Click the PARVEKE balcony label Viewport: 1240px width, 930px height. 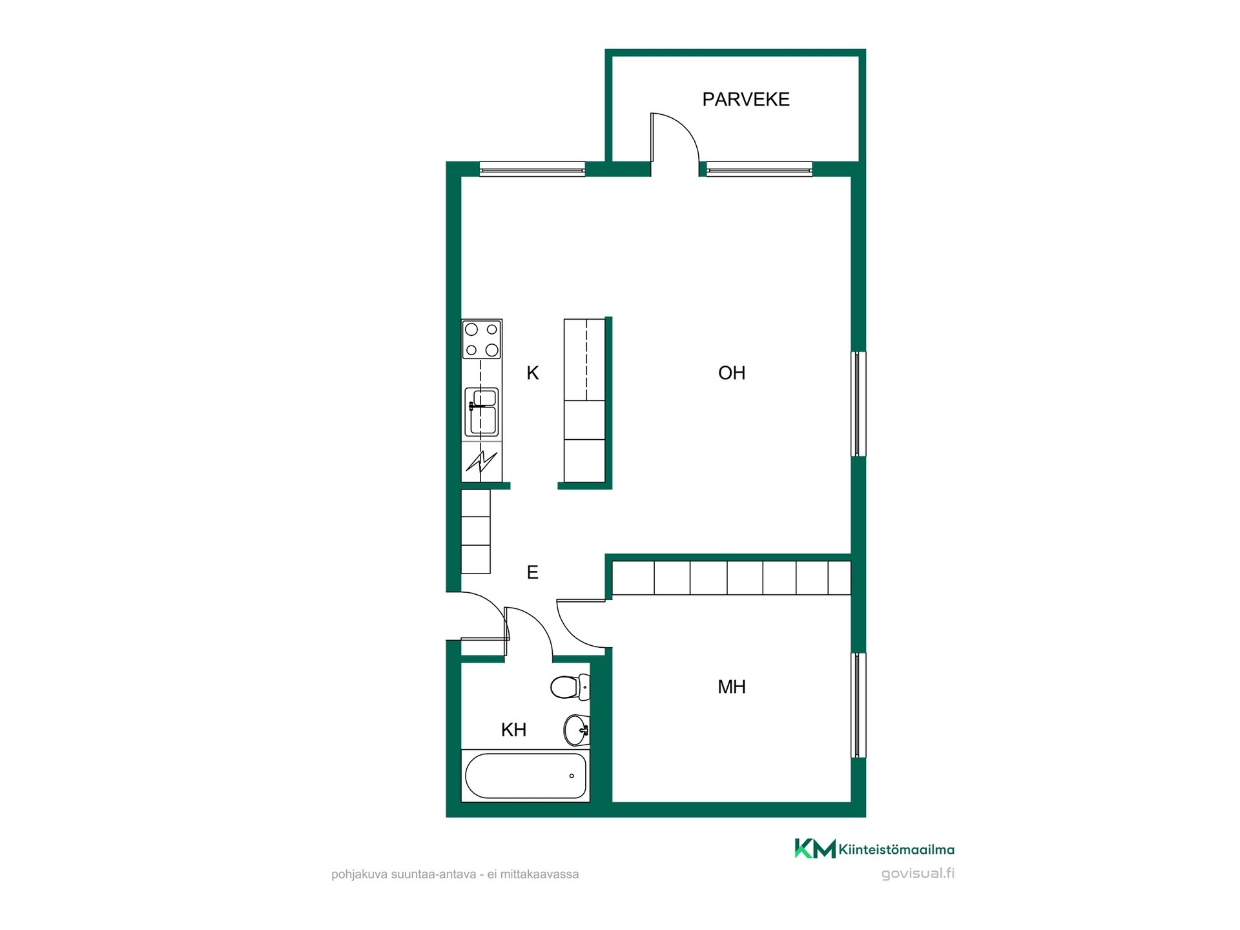click(x=746, y=99)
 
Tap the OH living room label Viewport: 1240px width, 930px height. click(x=732, y=373)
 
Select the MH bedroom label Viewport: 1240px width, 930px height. click(x=732, y=687)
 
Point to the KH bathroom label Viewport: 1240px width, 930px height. click(x=514, y=730)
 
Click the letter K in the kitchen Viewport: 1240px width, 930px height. click(x=533, y=373)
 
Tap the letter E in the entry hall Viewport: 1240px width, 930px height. click(x=533, y=572)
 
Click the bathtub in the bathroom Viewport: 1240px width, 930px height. click(x=525, y=776)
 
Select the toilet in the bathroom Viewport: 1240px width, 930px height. click(x=570, y=687)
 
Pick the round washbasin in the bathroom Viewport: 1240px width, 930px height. click(x=577, y=730)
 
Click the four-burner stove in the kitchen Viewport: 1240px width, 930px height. click(x=482, y=340)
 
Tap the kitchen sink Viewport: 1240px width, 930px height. click(x=482, y=412)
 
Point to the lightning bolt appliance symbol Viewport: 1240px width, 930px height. click(x=482, y=462)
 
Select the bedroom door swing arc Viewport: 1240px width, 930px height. click(x=572, y=634)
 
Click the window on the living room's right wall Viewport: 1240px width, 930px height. click(x=858, y=404)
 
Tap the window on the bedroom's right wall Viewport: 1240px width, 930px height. click(x=858, y=705)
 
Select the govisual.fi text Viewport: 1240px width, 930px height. click(x=918, y=874)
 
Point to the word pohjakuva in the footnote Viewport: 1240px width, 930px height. click(x=360, y=874)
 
